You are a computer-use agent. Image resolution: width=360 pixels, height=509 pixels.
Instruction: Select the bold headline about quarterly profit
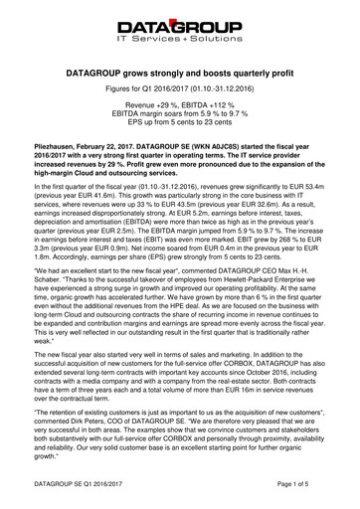pos(179,74)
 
